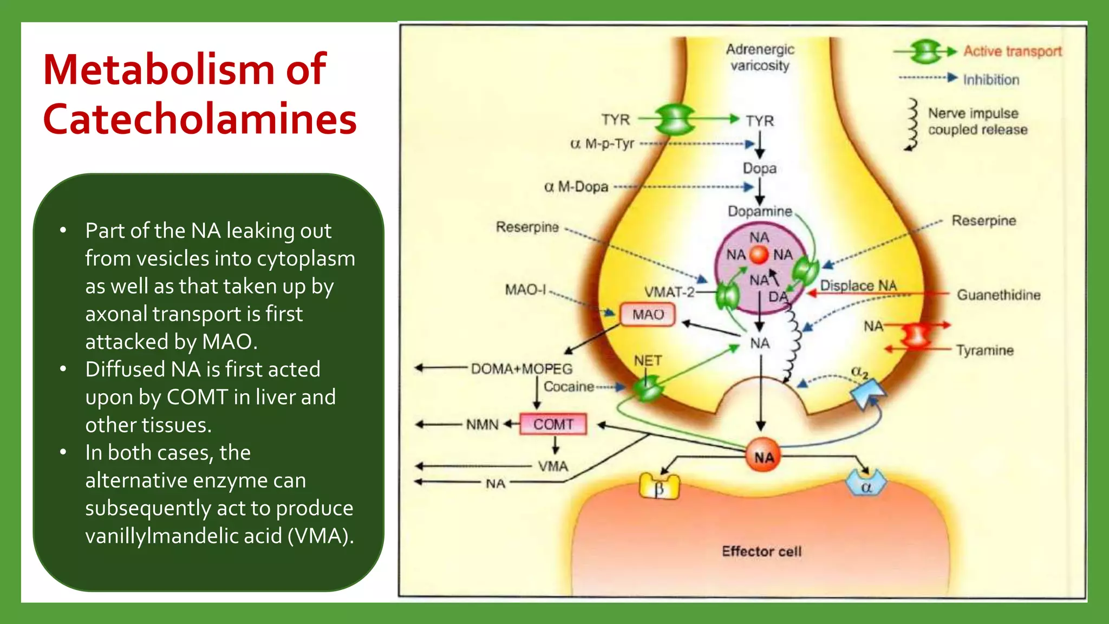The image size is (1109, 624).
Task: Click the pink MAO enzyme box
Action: tap(647, 315)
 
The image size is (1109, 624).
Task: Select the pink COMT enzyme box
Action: tap(553, 424)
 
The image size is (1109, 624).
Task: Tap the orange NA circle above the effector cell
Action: tap(764, 457)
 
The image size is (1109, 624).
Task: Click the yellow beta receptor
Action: tap(659, 486)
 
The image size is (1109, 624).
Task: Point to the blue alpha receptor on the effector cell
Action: tap(866, 484)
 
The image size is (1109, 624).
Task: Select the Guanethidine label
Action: tap(998, 295)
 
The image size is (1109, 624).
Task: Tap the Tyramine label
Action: tap(984, 350)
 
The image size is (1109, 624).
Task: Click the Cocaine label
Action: tap(569, 387)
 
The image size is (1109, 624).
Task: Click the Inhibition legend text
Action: tap(990, 80)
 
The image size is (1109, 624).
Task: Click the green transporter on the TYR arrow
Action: tap(674, 119)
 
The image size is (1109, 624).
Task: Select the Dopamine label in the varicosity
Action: tap(759, 211)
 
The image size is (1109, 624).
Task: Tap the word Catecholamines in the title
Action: tap(200, 119)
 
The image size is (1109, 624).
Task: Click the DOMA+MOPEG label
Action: tap(521, 369)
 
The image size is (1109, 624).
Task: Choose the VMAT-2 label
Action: tap(669, 292)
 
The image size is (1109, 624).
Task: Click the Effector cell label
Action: tap(761, 551)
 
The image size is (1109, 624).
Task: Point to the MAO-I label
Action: tap(525, 290)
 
